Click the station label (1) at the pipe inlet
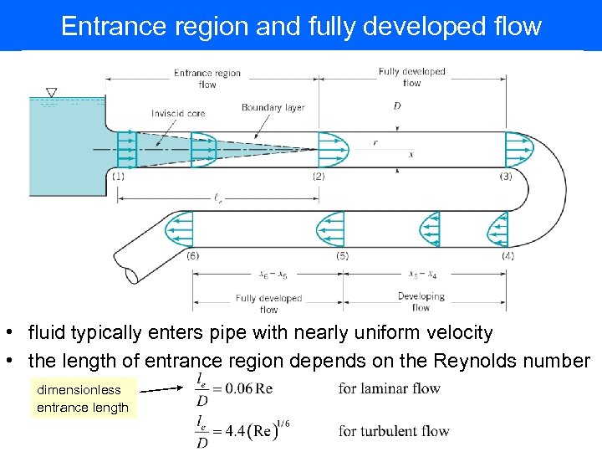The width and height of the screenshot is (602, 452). [118, 177]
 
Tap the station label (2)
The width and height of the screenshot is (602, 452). [319, 177]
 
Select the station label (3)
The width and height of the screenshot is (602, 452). [506, 177]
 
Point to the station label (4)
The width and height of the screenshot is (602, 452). [508, 255]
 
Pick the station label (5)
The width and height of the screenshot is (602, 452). [342, 255]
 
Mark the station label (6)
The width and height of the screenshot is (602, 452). [193, 255]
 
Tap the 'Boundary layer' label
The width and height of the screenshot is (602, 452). [273, 108]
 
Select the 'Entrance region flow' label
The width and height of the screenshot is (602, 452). [207, 78]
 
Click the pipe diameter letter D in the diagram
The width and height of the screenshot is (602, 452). [396, 106]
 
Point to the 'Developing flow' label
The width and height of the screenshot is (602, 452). [421, 301]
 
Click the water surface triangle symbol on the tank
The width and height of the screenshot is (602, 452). [52, 92]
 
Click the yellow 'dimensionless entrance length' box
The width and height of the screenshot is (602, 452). [83, 398]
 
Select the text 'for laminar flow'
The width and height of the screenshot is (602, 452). [389, 388]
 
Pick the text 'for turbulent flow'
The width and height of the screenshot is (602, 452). [394, 432]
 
